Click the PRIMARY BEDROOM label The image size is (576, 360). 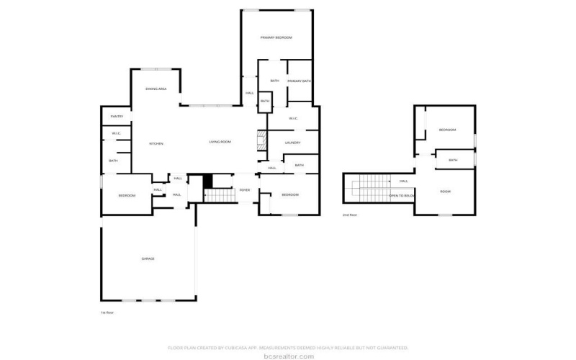(276, 37)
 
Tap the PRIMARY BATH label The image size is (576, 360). (299, 81)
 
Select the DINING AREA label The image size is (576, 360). (156, 89)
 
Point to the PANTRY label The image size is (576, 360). (117, 117)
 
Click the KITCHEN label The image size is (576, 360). (156, 143)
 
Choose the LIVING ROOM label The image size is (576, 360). (220, 142)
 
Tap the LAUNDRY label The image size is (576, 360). (292, 143)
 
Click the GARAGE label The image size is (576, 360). (148, 258)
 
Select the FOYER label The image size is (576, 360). (245, 190)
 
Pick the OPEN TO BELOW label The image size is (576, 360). (402, 195)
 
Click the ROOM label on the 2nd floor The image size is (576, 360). (445, 192)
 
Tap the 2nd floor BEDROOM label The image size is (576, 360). (447, 130)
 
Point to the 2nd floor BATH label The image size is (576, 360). (453, 160)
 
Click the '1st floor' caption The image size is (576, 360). (107, 312)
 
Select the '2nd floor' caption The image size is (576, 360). (349, 215)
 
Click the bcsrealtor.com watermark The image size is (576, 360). (288, 356)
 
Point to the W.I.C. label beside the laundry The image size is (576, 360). (293, 118)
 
